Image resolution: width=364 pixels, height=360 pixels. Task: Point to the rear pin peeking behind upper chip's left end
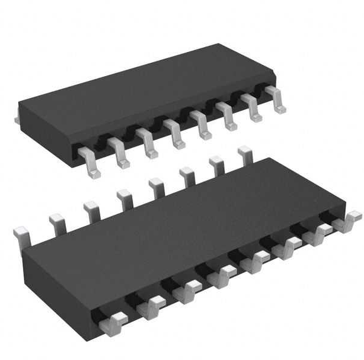(17, 120)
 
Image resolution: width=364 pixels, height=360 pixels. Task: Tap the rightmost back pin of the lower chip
(245, 153)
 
